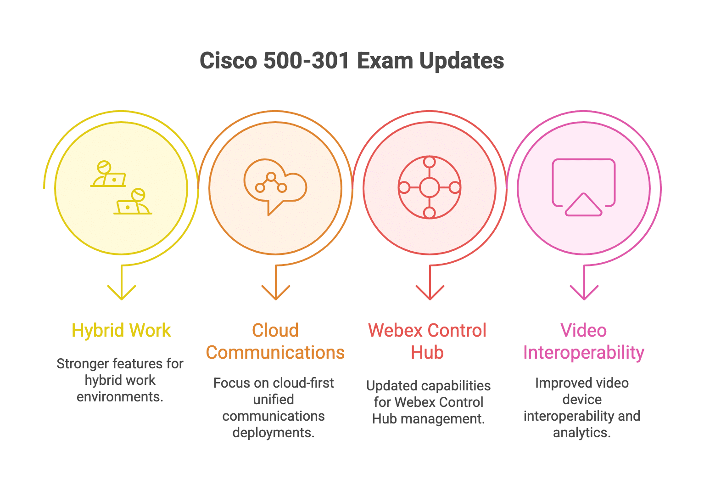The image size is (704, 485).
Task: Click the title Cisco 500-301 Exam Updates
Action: tap(352, 61)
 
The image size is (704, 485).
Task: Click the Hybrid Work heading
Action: tap(121, 331)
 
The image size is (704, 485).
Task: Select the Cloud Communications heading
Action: tap(275, 342)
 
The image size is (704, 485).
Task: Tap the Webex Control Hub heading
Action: tap(427, 342)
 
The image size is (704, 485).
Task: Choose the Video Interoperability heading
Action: tap(583, 342)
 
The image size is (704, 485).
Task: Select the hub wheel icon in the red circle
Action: tap(429, 187)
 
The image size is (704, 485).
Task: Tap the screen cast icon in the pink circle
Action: tap(583, 187)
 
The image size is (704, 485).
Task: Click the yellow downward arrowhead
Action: tap(122, 293)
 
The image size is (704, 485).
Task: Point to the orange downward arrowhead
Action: tap(276, 293)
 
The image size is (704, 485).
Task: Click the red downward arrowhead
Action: tap(430, 293)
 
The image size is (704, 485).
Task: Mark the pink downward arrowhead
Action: tap(584, 293)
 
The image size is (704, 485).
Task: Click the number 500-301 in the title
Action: tap(307, 61)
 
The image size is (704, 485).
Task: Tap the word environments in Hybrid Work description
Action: tap(120, 397)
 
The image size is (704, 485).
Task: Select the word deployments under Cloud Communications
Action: tap(273, 433)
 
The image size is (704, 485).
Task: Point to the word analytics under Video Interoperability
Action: tap(581, 433)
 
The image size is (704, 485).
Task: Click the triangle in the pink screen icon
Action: tap(583, 205)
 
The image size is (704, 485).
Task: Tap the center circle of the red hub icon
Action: tap(429, 187)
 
